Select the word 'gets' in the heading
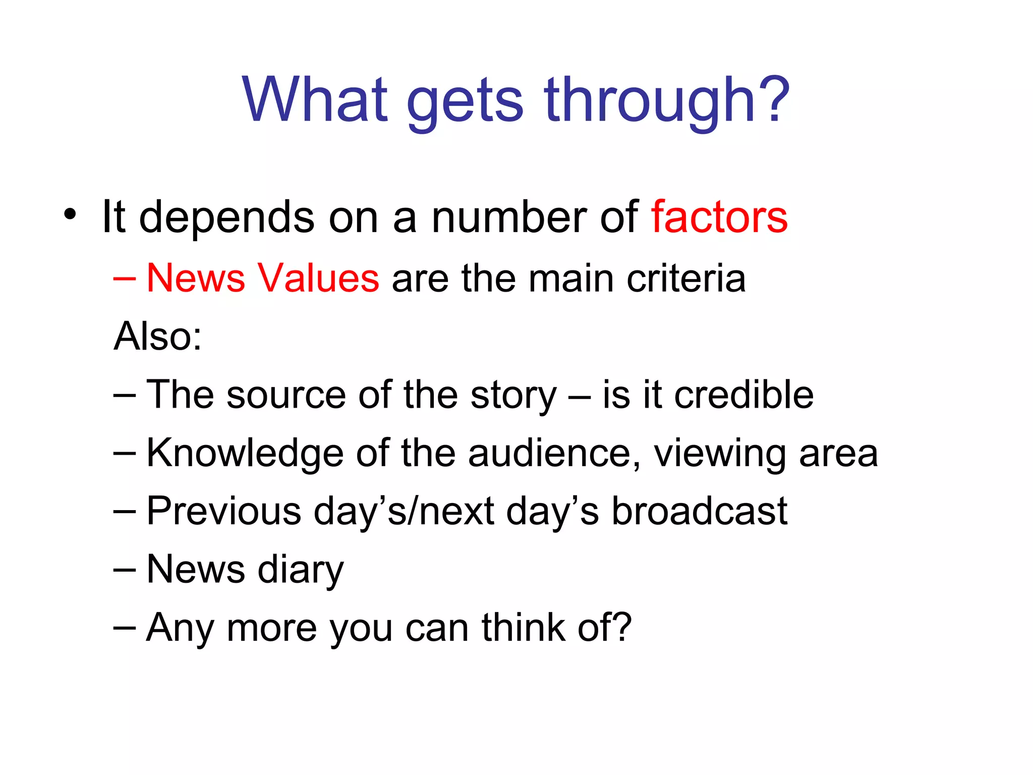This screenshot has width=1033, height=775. point(465,103)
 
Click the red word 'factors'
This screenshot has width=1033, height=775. point(719,217)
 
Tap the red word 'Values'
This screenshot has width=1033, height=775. point(318,278)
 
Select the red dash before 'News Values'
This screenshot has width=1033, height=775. point(125,279)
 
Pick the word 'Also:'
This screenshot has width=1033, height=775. point(158,336)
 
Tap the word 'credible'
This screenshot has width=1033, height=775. point(744,395)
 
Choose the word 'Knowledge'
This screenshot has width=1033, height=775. point(245,453)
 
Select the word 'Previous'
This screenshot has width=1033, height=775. point(224,511)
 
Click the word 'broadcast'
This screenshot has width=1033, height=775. point(700,511)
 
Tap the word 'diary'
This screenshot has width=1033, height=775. point(301,571)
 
